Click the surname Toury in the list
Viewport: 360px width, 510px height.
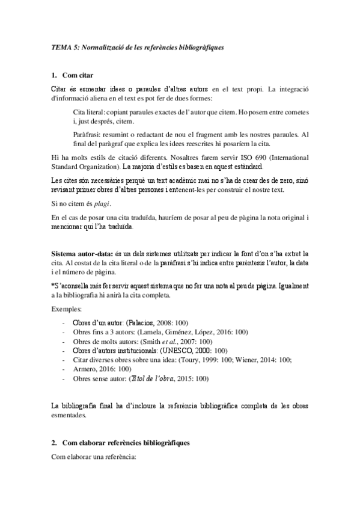click(213, 359)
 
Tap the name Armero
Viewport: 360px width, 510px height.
click(85, 368)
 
